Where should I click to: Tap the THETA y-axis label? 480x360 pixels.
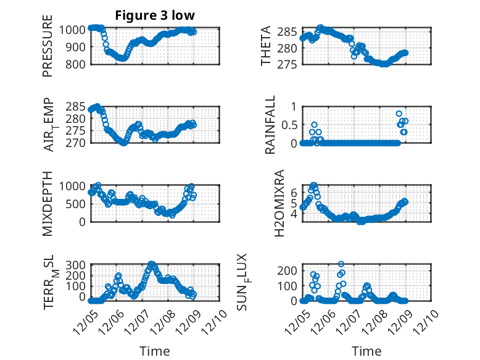click(266, 47)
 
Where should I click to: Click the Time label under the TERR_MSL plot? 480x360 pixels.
click(155, 351)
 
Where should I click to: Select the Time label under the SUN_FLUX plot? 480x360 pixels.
click(366, 351)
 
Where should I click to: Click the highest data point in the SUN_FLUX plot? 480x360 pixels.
click(341, 264)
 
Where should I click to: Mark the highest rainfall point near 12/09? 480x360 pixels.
click(399, 114)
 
